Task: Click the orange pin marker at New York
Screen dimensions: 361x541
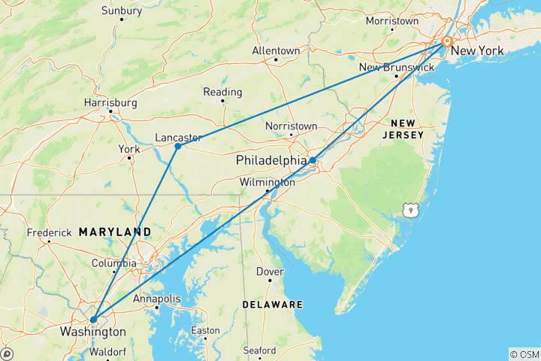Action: (447, 42)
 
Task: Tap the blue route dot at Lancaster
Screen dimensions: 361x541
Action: (178, 147)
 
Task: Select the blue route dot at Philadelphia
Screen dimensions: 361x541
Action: (312, 160)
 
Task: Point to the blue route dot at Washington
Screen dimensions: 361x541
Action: (93, 320)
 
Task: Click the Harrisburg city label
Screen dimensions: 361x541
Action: (111, 102)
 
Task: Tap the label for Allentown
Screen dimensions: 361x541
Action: (276, 50)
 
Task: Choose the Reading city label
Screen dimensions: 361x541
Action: (222, 93)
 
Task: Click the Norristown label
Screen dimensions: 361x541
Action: (291, 126)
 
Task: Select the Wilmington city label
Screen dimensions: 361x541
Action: (267, 182)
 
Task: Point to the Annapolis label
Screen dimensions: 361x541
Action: (156, 299)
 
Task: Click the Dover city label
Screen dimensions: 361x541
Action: (270, 272)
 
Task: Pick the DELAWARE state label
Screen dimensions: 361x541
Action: (272, 305)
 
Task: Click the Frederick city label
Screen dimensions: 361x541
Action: (49, 232)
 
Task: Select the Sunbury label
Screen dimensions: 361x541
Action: (121, 11)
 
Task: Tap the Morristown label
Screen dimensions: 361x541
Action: (391, 21)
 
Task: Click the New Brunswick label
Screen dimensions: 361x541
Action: (396, 68)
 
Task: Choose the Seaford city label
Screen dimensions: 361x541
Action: (259, 350)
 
